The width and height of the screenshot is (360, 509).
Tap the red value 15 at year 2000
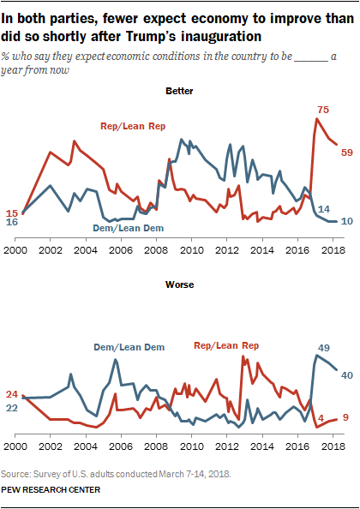coord(12,213)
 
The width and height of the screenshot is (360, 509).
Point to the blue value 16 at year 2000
coord(12,222)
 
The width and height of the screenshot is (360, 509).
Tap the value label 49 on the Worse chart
coord(324,347)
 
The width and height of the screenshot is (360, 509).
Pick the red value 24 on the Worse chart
coord(12,394)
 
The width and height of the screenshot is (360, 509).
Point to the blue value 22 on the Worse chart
coord(12,408)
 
